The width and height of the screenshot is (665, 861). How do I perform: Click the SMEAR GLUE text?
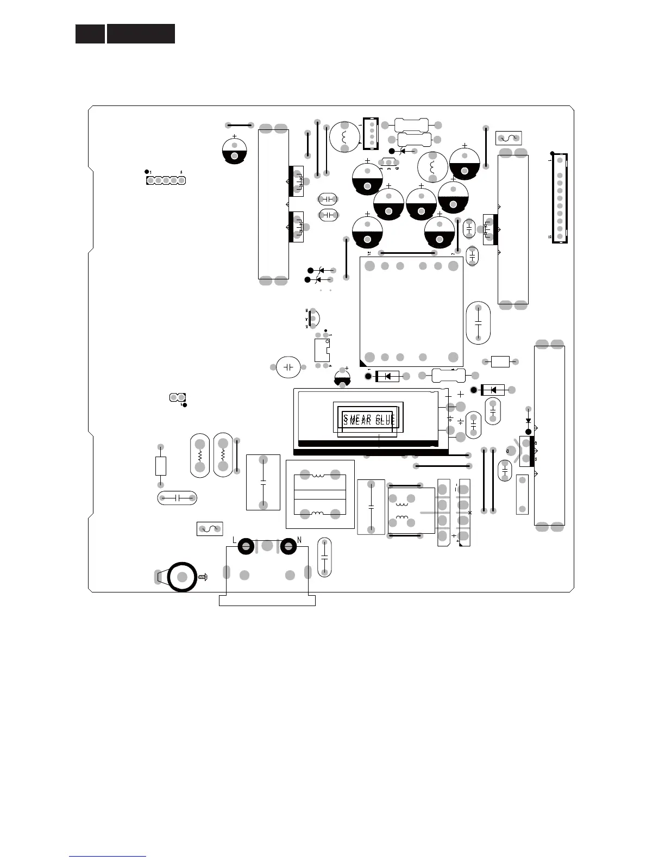pyautogui.click(x=369, y=419)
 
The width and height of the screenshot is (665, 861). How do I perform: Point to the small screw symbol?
pyautogui.click(x=204, y=577)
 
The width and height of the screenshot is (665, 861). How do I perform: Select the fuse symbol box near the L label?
pyautogui.click(x=210, y=528)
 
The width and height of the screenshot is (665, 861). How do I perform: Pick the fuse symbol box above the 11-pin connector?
pyautogui.click(x=509, y=138)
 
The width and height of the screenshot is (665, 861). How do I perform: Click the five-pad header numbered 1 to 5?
pyautogui.click(x=166, y=180)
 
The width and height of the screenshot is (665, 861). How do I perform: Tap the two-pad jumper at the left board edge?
pyautogui.click(x=178, y=397)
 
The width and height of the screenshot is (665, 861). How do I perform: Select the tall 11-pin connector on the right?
pyautogui.click(x=560, y=198)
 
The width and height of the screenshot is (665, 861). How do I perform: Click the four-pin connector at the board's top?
pyautogui.click(x=371, y=133)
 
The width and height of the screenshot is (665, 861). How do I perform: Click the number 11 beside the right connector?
pyautogui.click(x=550, y=237)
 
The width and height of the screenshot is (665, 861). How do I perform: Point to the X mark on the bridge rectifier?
pyautogui.click(x=470, y=513)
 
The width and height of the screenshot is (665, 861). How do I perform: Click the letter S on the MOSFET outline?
pyautogui.click(x=536, y=459)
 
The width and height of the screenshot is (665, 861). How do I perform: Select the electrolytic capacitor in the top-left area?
pyautogui.click(x=235, y=151)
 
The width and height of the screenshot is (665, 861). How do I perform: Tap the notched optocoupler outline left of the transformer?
pyautogui.click(x=322, y=350)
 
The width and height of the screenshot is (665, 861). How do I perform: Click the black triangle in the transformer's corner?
pyautogui.click(x=363, y=363)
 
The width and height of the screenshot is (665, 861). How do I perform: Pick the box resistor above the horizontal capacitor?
pyautogui.click(x=160, y=466)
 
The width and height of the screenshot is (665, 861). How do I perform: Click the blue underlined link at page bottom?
pyautogui.click(x=108, y=857)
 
